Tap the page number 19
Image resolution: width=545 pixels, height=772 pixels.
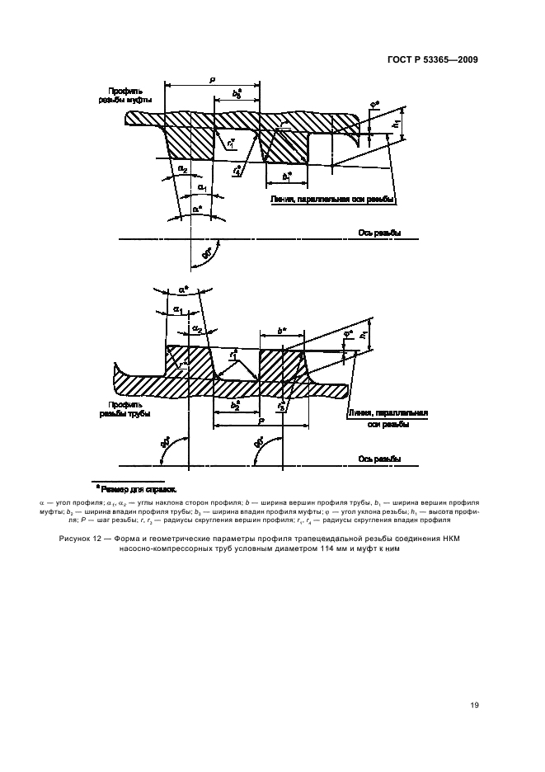pyautogui.click(x=473, y=704)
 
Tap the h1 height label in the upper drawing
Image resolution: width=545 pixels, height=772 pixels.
pyautogui.click(x=397, y=123)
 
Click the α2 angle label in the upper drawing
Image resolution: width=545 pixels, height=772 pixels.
pyautogui.click(x=182, y=170)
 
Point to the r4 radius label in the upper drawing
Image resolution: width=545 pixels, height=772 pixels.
pyautogui.click(x=237, y=172)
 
